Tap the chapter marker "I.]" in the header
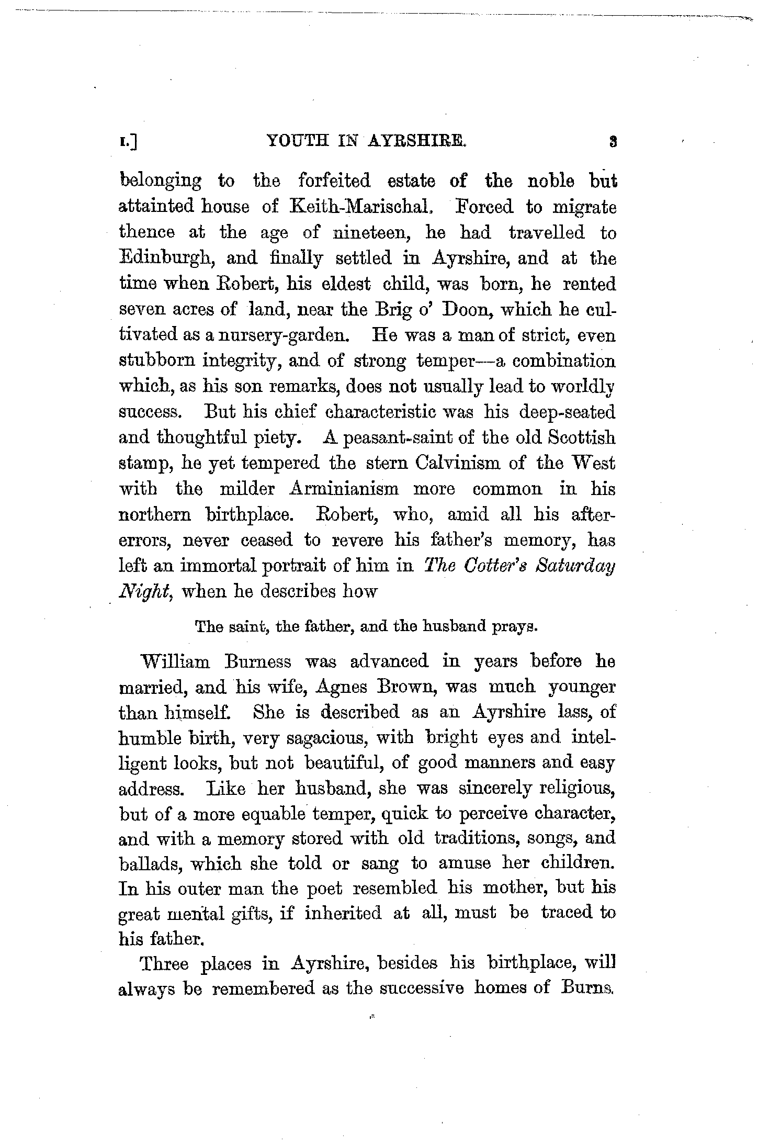coord(128,141)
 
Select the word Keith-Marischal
coord(361,207)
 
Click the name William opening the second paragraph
coord(176,661)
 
